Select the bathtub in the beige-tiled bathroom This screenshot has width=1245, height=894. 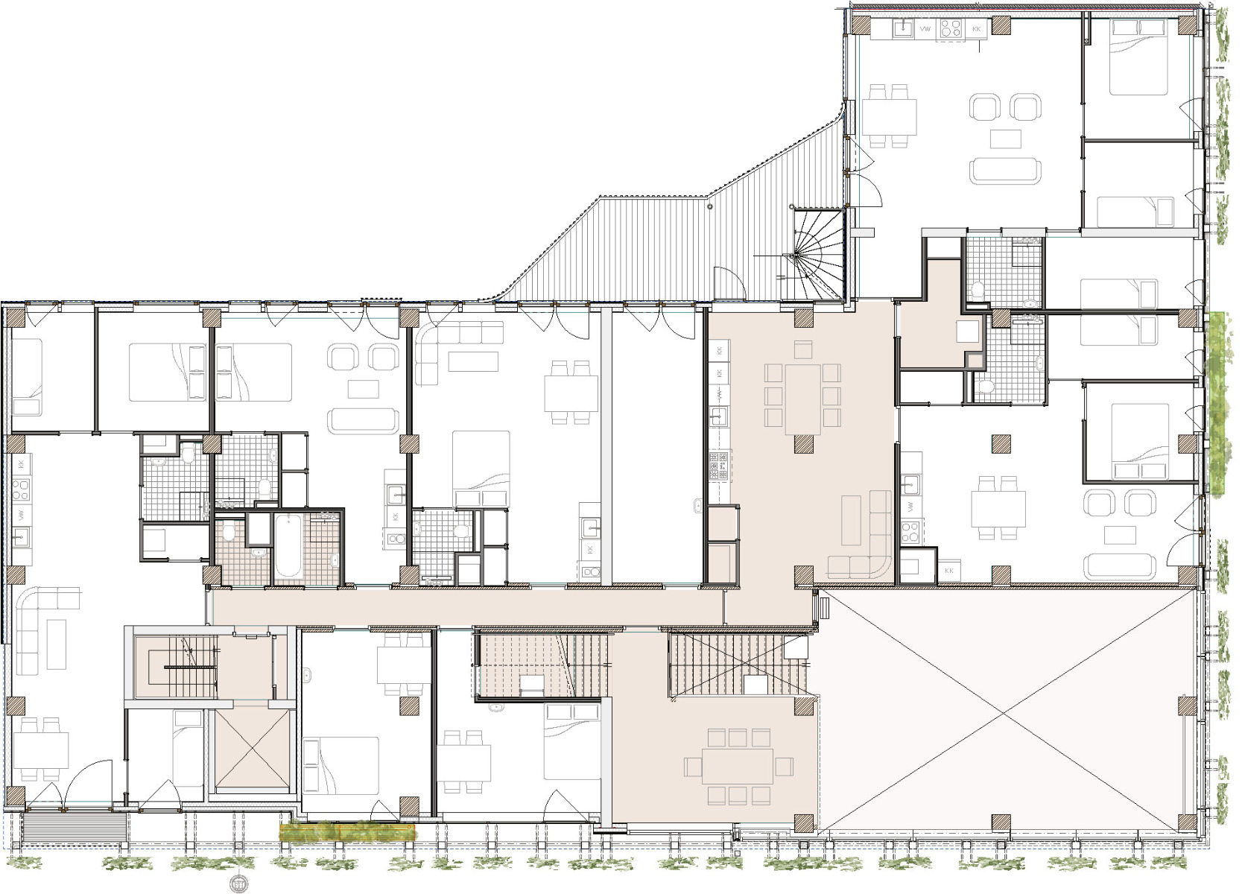pos(288,548)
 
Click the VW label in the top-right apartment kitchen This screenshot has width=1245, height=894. pos(927,29)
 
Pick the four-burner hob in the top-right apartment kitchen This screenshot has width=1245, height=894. pos(951,29)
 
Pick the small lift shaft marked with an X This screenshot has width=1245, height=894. pos(251,749)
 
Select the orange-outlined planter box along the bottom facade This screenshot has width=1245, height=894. pos(347,831)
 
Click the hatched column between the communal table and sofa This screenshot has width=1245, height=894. pos(803,446)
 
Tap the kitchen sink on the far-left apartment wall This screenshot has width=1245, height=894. pos(20,534)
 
